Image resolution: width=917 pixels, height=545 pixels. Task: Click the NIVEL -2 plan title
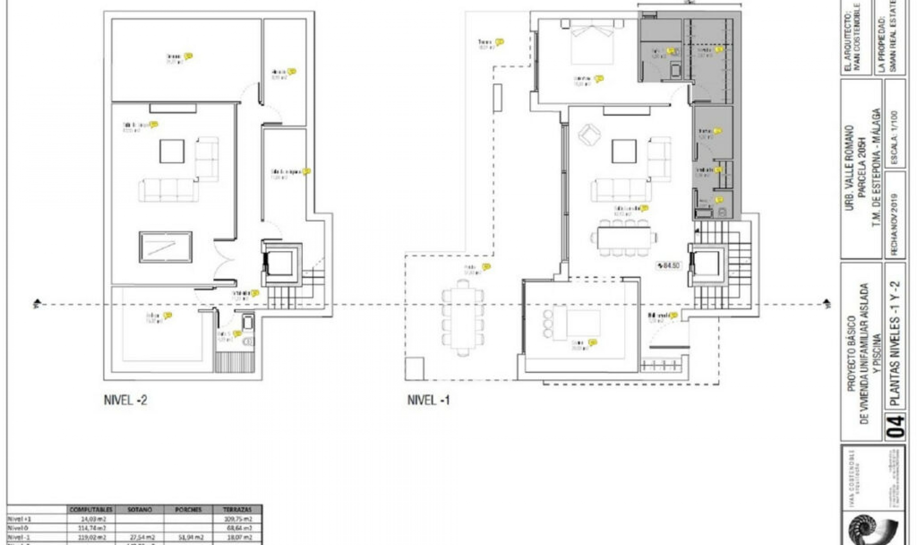[x=125, y=400]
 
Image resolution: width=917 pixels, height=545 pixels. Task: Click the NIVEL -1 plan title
[x=428, y=400]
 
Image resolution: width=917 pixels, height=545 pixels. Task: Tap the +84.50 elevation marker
[x=668, y=265]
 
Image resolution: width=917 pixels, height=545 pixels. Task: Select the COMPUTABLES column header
[x=91, y=510]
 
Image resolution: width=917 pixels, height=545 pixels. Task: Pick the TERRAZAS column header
[x=237, y=510]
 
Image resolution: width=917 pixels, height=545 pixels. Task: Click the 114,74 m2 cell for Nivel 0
[x=92, y=528]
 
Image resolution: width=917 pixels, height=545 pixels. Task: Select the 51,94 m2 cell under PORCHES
[x=188, y=537]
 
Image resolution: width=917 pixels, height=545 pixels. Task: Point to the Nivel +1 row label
[x=19, y=519]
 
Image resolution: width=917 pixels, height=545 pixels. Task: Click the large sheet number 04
[x=896, y=426]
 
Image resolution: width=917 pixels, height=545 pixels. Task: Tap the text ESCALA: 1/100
[x=894, y=138]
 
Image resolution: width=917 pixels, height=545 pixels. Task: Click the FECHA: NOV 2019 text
[x=894, y=225]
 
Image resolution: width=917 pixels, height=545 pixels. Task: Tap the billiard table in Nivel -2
[x=165, y=247]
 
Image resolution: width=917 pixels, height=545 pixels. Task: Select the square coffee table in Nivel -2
[x=172, y=151]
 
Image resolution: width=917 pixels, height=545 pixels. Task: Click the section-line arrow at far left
[x=37, y=304]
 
